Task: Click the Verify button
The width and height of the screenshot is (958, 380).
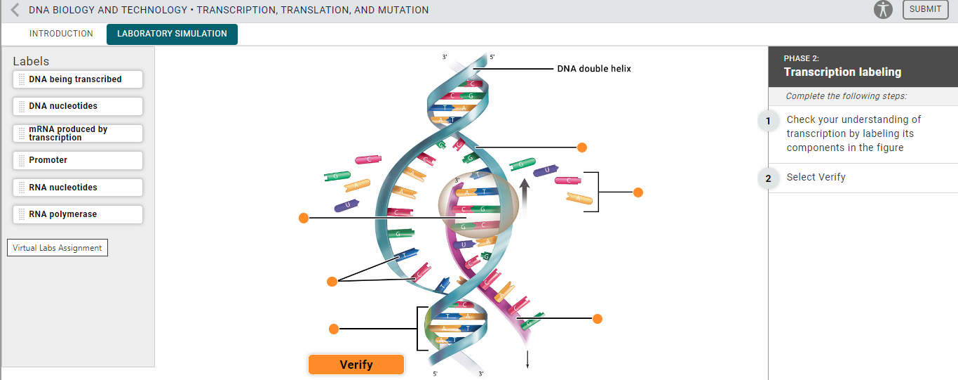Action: tap(356, 365)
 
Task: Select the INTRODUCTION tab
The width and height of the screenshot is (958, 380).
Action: tap(61, 34)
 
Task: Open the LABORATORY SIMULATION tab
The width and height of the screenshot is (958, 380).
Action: tap(172, 34)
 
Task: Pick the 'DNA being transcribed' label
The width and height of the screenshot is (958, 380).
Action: tap(77, 79)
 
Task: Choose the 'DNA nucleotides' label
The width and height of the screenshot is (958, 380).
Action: tap(77, 106)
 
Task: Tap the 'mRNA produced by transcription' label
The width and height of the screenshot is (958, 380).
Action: tap(77, 133)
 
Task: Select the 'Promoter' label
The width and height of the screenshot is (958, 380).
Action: tap(77, 160)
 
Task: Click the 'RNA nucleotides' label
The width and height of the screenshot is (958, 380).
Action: tap(77, 188)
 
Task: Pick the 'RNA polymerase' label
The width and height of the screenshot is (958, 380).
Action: tap(77, 214)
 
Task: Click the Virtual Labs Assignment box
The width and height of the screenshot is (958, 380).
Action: tap(58, 248)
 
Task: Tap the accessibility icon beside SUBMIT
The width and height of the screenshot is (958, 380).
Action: tap(883, 10)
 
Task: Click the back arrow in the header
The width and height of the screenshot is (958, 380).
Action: tap(15, 10)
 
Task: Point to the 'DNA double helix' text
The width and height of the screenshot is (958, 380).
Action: tap(594, 69)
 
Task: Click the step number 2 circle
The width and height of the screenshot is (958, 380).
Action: tap(768, 178)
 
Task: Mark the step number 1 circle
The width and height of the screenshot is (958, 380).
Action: tap(768, 121)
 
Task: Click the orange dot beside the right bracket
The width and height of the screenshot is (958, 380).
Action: tap(638, 192)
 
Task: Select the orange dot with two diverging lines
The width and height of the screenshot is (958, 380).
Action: tap(332, 282)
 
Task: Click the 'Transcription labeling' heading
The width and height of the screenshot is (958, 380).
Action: tap(842, 72)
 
